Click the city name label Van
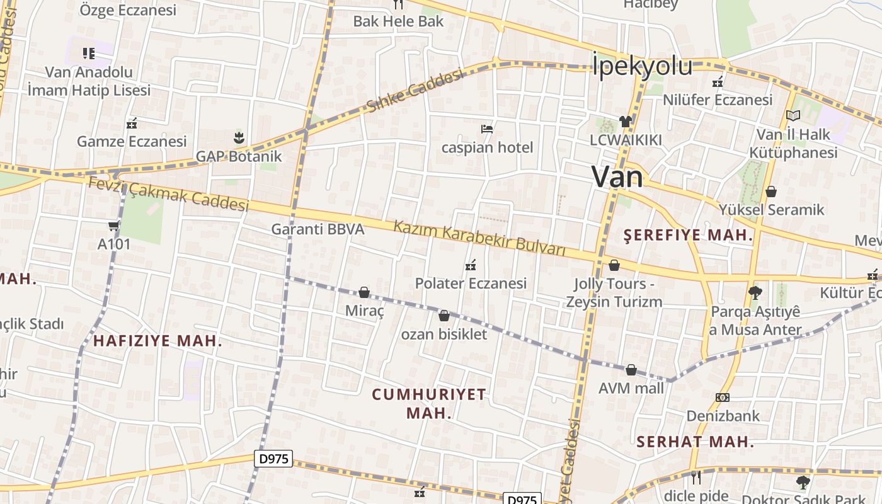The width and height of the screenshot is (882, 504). tap(617, 177)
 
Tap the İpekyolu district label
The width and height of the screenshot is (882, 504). tap(642, 66)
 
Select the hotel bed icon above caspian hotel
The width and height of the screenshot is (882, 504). tap(486, 129)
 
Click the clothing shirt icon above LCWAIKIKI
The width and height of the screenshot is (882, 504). tap(625, 121)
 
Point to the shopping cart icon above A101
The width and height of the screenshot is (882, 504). tap(113, 226)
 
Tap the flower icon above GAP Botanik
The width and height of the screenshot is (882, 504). tap(239, 137)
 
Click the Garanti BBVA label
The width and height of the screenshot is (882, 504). tap(318, 229)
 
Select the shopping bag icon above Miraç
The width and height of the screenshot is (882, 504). tap(364, 292)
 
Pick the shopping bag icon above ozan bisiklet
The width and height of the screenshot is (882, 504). tap(444, 316)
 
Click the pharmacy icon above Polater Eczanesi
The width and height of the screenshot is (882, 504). tap(470, 265)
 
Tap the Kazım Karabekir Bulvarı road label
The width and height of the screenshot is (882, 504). tap(479, 239)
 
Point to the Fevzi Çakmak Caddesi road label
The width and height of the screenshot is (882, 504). tap(168, 193)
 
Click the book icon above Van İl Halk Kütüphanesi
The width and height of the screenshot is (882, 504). tap(793, 116)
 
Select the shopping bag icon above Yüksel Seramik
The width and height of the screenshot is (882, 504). tap(771, 192)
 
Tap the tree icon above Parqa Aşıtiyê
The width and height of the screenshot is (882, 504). tap(755, 292)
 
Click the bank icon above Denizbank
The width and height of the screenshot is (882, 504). tap(723, 398)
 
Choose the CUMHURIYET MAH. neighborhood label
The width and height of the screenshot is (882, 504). tap(429, 404)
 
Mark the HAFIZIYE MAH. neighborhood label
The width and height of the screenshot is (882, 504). tap(157, 341)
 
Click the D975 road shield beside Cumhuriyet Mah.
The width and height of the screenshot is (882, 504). tap(275, 459)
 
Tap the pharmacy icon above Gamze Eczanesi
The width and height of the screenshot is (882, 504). tap(132, 123)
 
